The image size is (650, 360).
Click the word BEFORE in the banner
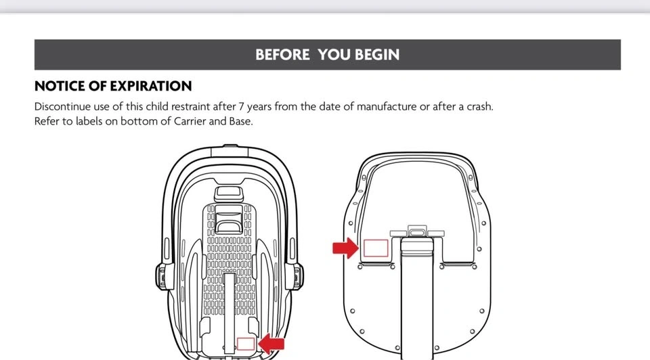(x=282, y=55)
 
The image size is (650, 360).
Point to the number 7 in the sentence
(x=241, y=107)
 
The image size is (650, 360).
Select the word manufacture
(x=387, y=107)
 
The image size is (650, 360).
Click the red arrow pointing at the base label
(x=345, y=248)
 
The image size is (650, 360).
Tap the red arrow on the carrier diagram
(x=271, y=344)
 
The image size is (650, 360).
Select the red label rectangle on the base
(x=376, y=248)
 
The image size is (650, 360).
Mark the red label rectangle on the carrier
(x=246, y=344)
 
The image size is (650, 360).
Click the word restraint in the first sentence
(x=191, y=107)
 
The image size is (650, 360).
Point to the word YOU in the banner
(x=334, y=55)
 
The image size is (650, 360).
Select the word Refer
(x=46, y=121)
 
